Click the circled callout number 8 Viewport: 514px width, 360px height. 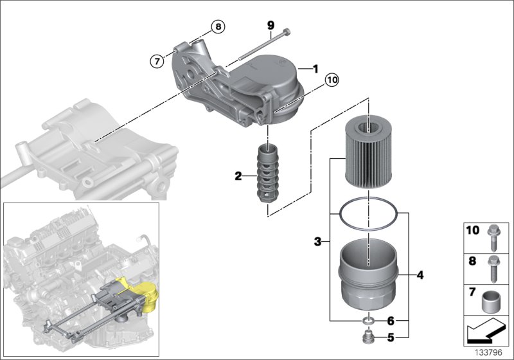point(218,27)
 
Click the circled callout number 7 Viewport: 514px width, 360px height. point(156,62)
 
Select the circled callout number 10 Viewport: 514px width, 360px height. point(331,80)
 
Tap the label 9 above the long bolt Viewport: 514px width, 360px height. point(270,25)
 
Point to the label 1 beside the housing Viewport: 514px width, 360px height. point(315,68)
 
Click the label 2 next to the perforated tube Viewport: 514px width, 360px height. point(238,175)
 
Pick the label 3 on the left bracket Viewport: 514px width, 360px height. point(317,242)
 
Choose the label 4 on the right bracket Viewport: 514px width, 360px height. point(420,276)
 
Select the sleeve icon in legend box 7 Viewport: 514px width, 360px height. point(492,300)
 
